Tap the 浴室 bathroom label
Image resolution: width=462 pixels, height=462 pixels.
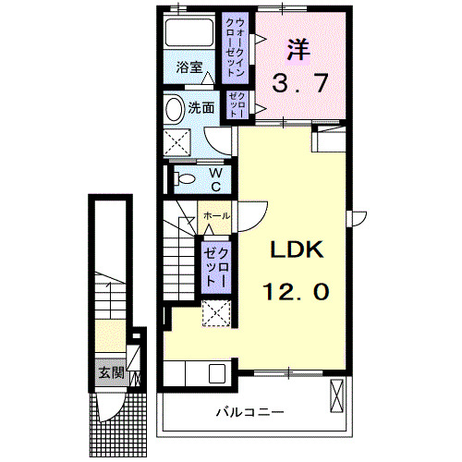[x=191, y=67]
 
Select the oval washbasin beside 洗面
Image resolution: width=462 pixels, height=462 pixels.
[x=174, y=108]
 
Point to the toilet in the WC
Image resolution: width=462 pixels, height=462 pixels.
[x=183, y=178]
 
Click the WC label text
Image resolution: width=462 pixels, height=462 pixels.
[x=214, y=179]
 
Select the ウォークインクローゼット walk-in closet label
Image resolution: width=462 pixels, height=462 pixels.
[x=237, y=47]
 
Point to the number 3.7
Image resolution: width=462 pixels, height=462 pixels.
[x=299, y=84]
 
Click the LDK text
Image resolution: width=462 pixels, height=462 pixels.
[x=296, y=251]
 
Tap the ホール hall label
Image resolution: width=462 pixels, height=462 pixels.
[x=217, y=215]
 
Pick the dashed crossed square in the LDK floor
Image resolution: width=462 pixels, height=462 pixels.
[x=216, y=315]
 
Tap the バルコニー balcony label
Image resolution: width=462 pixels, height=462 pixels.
[x=250, y=411]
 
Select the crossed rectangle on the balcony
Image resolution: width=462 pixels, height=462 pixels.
[x=336, y=396]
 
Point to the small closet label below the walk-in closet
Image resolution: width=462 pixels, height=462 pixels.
[x=237, y=107]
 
